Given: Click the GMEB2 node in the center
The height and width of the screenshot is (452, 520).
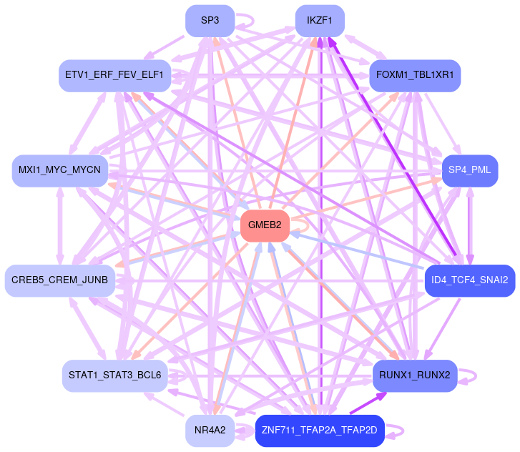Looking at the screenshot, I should click(x=265, y=226).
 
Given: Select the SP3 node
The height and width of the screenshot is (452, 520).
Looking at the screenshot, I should click(x=210, y=21).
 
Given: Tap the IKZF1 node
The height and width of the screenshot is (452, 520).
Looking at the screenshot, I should click(x=320, y=21).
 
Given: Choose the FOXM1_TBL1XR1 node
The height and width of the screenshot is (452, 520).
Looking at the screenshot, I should click(x=415, y=75).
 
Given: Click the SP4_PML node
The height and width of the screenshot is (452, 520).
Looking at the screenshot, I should click(x=469, y=171).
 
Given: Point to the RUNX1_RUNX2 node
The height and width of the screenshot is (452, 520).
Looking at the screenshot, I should click(x=415, y=375).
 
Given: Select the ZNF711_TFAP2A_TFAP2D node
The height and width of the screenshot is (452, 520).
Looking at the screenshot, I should click(x=320, y=430).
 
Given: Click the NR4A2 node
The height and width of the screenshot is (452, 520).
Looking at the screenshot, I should click(x=210, y=430).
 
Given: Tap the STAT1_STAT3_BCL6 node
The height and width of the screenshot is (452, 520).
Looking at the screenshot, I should click(x=114, y=375).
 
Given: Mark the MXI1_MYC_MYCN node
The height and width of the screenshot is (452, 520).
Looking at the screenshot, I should click(x=59, y=171).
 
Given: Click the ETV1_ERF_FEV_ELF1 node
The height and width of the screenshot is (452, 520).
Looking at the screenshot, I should click(x=114, y=75).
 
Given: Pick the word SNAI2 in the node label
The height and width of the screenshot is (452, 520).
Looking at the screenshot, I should click(x=492, y=280).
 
